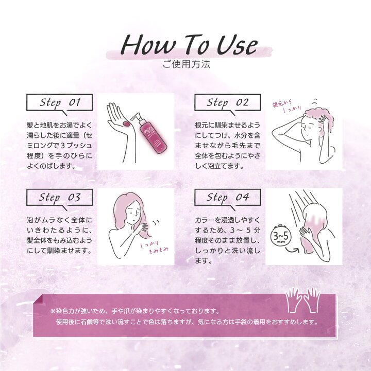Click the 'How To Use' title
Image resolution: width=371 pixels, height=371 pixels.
pyautogui.click(x=189, y=45)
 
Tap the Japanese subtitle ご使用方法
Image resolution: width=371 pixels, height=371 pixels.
pyautogui.click(x=187, y=64)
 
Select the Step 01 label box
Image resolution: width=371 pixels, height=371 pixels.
pyautogui.click(x=59, y=103)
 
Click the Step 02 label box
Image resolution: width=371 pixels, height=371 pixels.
pyautogui.click(x=227, y=103)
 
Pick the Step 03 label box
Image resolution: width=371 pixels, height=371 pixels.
pyautogui.click(x=59, y=197)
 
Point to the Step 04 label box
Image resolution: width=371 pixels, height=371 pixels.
pyautogui.click(x=227, y=197)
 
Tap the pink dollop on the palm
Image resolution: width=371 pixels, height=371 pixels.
pyautogui.click(x=126, y=123)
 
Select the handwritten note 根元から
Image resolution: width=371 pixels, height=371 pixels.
pyautogui.click(x=282, y=103)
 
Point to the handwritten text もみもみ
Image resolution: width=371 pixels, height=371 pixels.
pyautogui.click(x=158, y=250)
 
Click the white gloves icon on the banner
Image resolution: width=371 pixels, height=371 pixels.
pyautogui.click(x=303, y=300)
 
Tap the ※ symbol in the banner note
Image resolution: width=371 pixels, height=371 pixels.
pyautogui.click(x=53, y=311)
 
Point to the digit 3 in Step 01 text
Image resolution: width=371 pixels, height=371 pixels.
pyautogui.click(x=62, y=146)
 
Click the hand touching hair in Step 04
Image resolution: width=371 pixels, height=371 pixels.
pyautogui.click(x=306, y=233)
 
